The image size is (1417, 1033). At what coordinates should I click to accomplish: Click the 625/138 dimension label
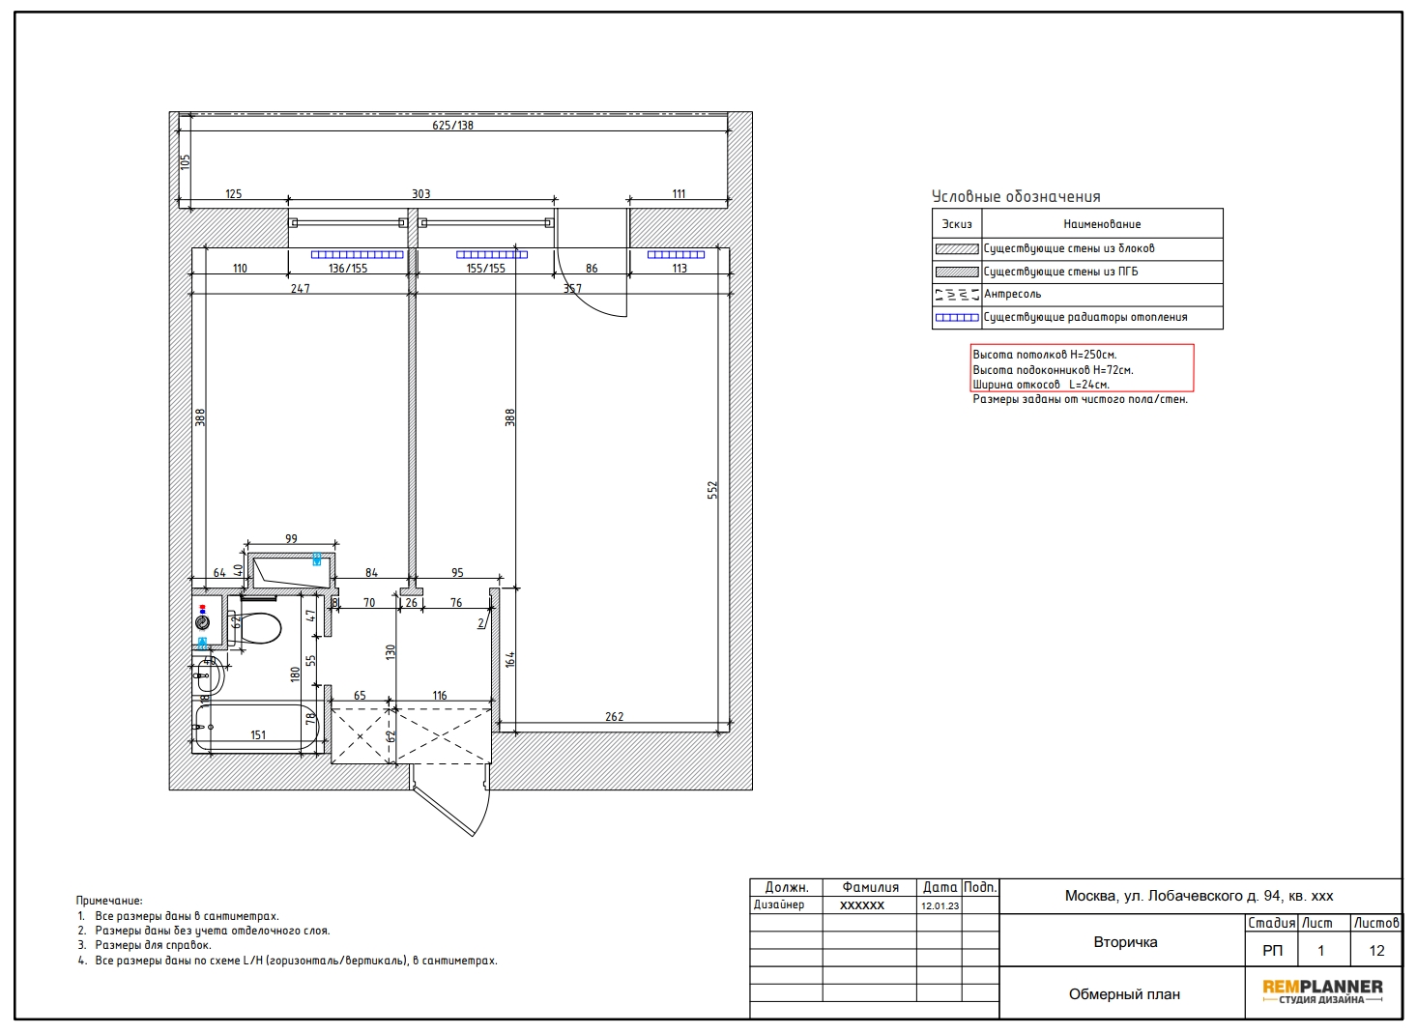tap(453, 126)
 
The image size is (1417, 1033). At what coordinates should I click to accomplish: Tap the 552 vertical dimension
tap(713, 490)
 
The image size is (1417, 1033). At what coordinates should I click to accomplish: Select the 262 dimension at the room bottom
tap(614, 717)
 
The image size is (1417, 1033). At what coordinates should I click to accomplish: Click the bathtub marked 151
tap(256, 728)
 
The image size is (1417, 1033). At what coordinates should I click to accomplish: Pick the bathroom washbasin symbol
tap(208, 675)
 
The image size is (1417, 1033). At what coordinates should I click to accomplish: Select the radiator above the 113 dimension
tap(676, 255)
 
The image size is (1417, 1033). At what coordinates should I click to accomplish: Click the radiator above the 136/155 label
tap(357, 255)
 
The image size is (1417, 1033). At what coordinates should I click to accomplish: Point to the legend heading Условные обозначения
tap(1016, 197)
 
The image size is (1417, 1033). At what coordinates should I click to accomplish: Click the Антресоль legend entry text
tap(1012, 294)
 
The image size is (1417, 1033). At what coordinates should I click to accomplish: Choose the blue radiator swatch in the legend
tap(957, 318)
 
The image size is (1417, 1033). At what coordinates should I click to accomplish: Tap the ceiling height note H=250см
tap(1045, 355)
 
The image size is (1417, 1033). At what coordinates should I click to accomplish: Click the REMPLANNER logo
tap(1322, 990)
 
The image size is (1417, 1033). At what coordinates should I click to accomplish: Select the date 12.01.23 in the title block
tap(940, 905)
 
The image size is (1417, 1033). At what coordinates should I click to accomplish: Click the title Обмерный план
tap(1124, 994)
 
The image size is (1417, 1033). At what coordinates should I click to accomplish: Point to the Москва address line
tap(1199, 896)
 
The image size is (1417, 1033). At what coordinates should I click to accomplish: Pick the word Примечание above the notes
tap(109, 901)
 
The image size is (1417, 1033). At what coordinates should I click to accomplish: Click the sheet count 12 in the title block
tap(1376, 950)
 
